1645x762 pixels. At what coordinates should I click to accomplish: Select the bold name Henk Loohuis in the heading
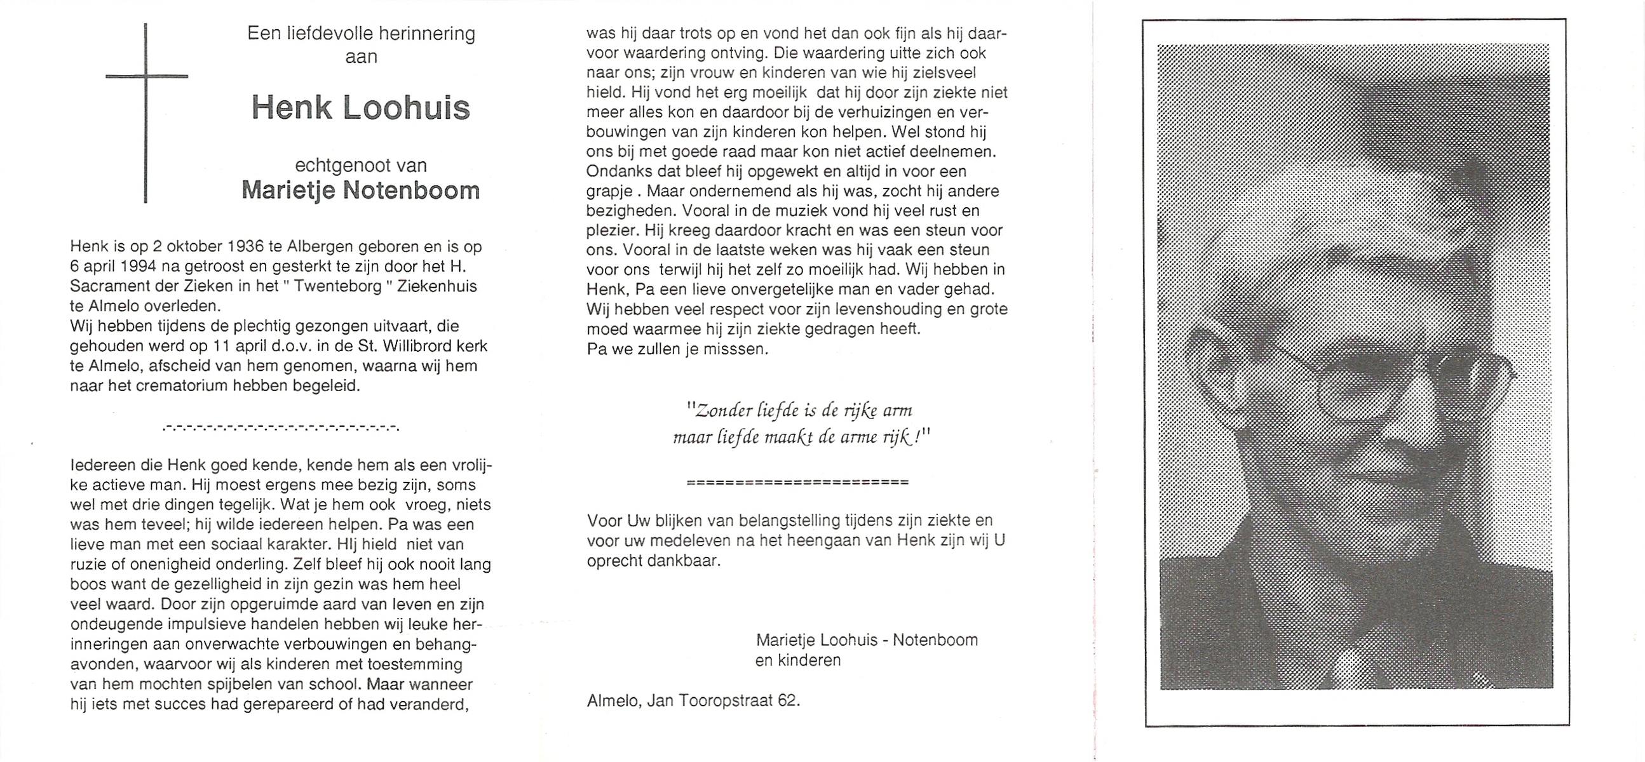click(361, 107)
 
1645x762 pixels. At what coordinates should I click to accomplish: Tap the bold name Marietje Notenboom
click(361, 190)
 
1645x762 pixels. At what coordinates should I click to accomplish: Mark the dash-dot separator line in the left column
click(281, 427)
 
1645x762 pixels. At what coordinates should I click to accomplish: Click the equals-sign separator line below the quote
click(797, 483)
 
